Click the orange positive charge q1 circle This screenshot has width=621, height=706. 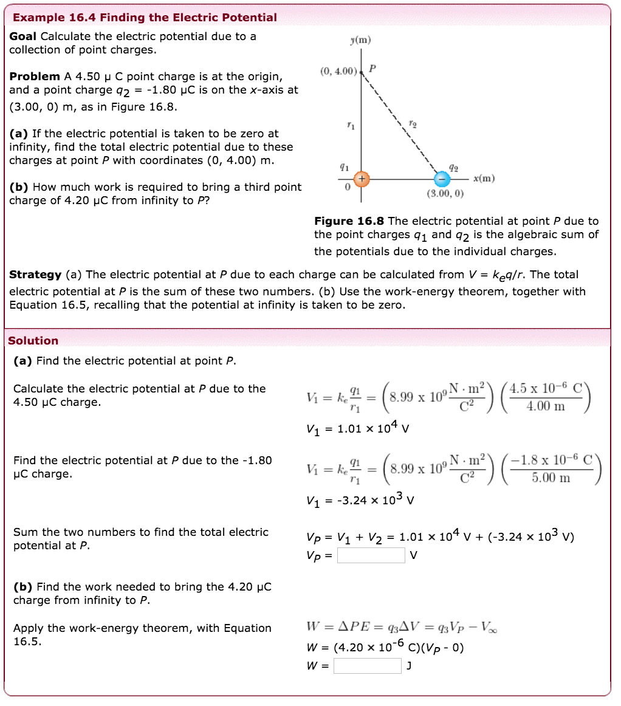[x=362, y=179]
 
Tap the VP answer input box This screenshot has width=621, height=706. [x=371, y=555]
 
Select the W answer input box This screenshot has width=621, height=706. [x=367, y=667]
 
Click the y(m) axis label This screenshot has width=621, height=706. [x=360, y=40]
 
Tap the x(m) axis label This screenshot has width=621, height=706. [x=484, y=178]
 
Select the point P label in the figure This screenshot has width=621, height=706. [x=372, y=68]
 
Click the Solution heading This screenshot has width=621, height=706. [x=33, y=341]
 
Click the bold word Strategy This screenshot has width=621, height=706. [x=35, y=275]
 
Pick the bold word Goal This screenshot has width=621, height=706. [x=23, y=36]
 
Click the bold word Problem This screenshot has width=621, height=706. [x=35, y=77]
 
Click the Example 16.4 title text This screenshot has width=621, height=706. [x=143, y=18]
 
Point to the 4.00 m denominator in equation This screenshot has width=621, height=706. [x=546, y=406]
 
